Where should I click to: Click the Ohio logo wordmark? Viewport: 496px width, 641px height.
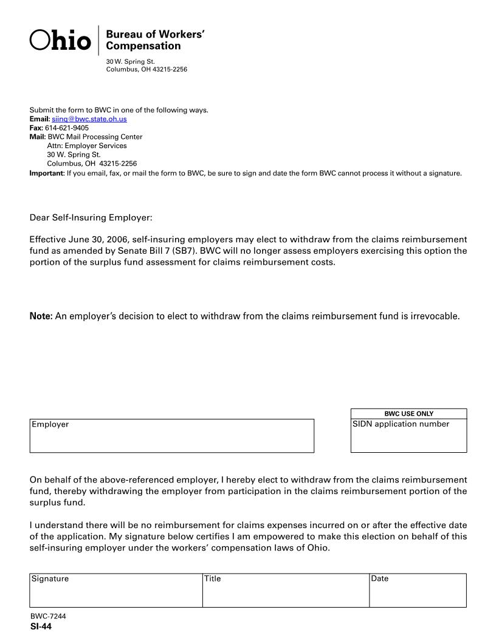pos(60,40)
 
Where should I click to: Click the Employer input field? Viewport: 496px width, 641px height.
pos(172,439)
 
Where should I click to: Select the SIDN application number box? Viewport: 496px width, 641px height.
pos(408,439)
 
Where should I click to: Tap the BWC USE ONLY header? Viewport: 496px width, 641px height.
pos(408,414)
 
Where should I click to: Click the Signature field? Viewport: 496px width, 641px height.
pos(115,594)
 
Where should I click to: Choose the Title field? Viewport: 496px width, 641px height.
pos(286,594)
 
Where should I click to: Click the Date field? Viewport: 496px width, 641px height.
pos(418,594)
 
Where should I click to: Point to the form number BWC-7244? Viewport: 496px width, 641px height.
pos(48,617)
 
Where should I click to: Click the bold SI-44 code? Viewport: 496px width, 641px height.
pos(41,627)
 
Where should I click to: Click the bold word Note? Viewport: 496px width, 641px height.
pos(41,316)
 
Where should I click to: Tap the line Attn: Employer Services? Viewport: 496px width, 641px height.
pos(87,146)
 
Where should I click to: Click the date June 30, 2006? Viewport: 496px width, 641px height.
pos(97,240)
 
